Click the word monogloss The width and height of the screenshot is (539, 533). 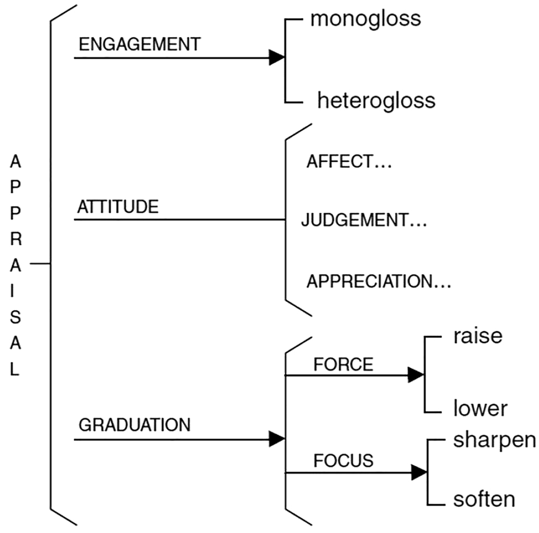pyautogui.click(x=365, y=19)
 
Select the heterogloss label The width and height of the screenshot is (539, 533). pyautogui.click(x=376, y=101)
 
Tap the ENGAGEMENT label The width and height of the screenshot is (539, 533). pyautogui.click(x=139, y=45)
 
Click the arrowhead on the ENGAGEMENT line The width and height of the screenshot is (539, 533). pyautogui.click(x=276, y=57)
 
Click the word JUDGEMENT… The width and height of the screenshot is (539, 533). pyautogui.click(x=364, y=221)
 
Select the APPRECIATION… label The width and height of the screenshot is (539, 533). pyautogui.click(x=379, y=281)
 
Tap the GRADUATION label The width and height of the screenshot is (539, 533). pyautogui.click(x=134, y=425)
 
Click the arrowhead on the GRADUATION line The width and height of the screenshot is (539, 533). pyautogui.click(x=276, y=439)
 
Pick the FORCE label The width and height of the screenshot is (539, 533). pyautogui.click(x=343, y=365)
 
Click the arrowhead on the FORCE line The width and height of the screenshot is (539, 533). pyautogui.click(x=415, y=375)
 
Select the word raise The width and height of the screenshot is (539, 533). pyautogui.click(x=478, y=336)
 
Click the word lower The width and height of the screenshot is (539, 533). pyautogui.click(x=480, y=409)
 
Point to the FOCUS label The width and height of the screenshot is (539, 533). pyautogui.click(x=343, y=460)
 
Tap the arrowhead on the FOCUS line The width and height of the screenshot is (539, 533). pyautogui.click(x=419, y=473)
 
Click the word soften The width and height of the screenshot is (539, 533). pyautogui.click(x=484, y=499)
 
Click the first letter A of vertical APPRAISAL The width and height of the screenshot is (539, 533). pyautogui.click(x=15, y=161)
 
